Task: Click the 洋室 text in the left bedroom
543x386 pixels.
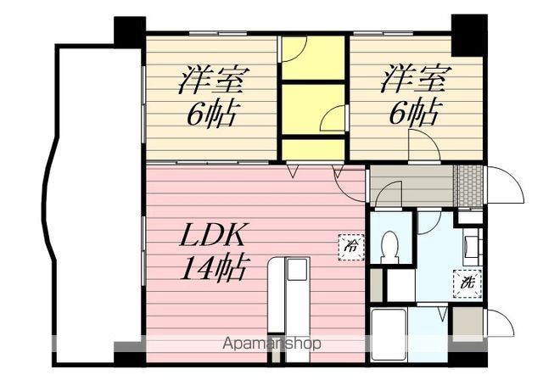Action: (x=211, y=81)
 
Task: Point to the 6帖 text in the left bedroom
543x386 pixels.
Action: (x=211, y=112)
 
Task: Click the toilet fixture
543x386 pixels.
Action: (x=390, y=247)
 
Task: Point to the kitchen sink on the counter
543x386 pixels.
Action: (x=297, y=271)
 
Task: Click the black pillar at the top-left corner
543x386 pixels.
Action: (x=130, y=31)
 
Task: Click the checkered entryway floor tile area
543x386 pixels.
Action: (x=468, y=186)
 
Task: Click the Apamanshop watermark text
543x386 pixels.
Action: (x=271, y=344)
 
